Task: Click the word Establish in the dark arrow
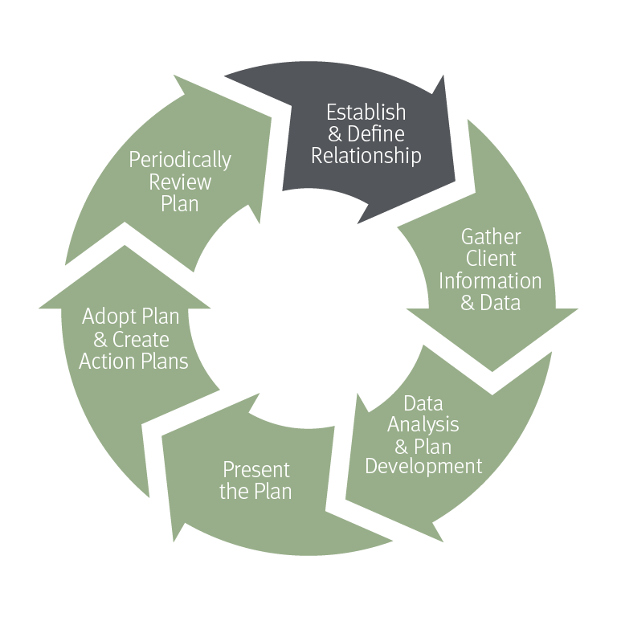366,112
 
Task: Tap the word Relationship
366,156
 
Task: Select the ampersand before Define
335,134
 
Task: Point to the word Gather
490,237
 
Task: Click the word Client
490,259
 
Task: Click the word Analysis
423,423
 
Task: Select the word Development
423,466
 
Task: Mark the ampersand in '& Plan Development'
403,445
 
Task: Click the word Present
256,469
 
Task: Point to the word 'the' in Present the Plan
234,491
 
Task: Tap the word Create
141,339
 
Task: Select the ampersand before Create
101,339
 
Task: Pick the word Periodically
180,159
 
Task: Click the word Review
180,182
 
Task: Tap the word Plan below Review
180,203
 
